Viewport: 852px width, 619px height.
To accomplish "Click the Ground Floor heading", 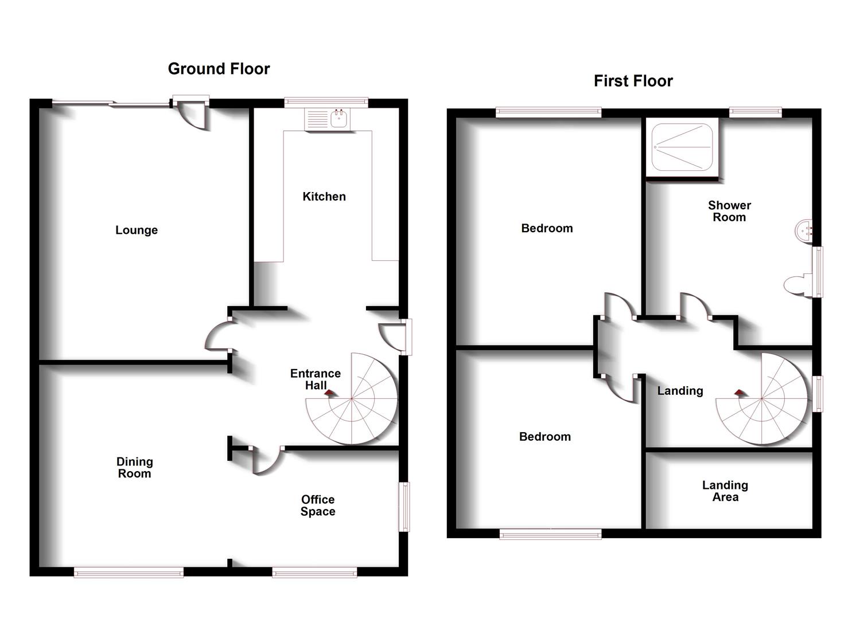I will click(219, 69).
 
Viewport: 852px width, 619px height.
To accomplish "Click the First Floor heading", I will click(633, 81).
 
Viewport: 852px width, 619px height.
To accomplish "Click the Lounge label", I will click(137, 230).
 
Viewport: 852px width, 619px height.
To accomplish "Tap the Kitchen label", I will click(324, 197).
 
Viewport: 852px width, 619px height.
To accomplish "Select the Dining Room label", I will click(134, 468).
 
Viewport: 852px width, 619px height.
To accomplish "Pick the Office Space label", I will click(318, 506).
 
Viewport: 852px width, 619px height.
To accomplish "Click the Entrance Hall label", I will click(315, 379).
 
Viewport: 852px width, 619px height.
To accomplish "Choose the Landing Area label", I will click(725, 491).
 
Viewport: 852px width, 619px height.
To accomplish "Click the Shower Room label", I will click(729, 211).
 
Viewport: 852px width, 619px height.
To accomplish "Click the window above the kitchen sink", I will click(326, 102).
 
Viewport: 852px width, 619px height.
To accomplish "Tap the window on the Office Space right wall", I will click(406, 507).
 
